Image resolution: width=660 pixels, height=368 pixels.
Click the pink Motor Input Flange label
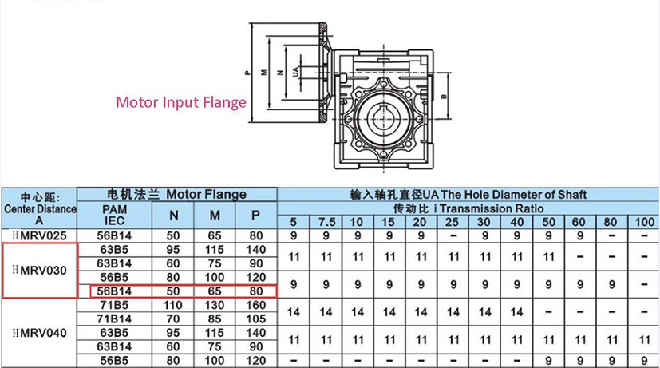click(181, 102)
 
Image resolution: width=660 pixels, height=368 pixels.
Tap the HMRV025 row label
click(40, 235)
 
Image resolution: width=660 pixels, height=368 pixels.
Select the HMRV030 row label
click(40, 271)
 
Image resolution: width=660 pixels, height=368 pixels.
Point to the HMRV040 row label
click(40, 333)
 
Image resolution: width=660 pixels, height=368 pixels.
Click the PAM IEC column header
click(114, 216)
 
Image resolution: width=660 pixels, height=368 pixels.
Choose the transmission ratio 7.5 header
click(326, 222)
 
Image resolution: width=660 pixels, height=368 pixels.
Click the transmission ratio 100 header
click(644, 222)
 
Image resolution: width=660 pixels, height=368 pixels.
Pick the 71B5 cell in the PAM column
click(114, 305)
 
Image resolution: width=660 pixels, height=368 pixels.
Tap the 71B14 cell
click(114, 319)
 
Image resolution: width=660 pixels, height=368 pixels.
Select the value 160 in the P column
click(256, 305)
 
